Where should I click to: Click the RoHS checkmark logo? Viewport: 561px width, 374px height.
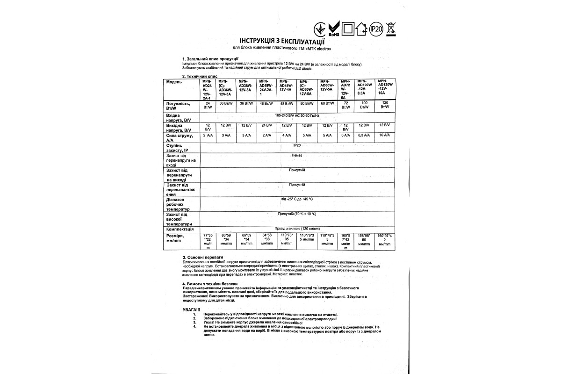pyautogui.click(x=334, y=29)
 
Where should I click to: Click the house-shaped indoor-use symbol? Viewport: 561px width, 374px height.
pyautogui.click(x=361, y=29)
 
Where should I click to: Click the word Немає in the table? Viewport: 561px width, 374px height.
pyautogui.click(x=296, y=154)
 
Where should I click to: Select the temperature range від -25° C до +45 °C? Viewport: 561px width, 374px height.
pyautogui.click(x=296, y=199)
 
